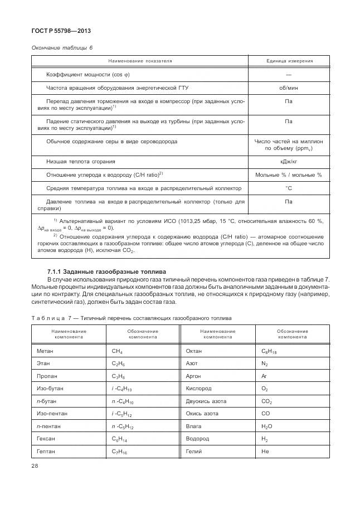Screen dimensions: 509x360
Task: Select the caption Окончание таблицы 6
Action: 61,47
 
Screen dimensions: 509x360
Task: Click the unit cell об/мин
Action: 288,88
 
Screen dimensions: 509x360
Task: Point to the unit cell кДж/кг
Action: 288,161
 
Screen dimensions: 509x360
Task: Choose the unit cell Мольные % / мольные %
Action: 288,174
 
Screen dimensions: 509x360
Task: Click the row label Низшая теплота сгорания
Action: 81,161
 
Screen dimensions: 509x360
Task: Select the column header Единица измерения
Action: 288,61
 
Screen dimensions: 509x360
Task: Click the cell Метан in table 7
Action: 45,351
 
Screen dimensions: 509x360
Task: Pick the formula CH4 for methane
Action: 118,351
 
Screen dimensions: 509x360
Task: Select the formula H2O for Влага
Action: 267,426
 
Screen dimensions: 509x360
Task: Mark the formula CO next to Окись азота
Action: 265,414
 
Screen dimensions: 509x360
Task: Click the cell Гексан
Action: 46,439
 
